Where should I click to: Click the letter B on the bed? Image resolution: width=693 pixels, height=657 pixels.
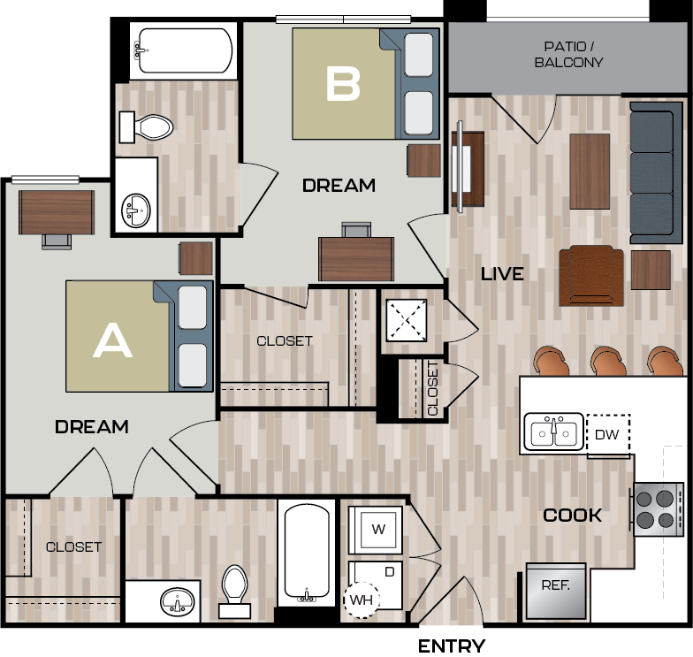[x=343, y=84]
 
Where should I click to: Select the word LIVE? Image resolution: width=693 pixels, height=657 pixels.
[x=502, y=274]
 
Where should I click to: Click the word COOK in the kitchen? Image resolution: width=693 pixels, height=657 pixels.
[x=573, y=515]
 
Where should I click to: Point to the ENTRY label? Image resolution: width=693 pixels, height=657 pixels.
[x=451, y=646]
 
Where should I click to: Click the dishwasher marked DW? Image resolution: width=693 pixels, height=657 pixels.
[x=607, y=434]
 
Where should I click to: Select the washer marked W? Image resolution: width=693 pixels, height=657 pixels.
[x=377, y=530]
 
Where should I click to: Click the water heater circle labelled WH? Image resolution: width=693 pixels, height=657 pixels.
[x=361, y=600]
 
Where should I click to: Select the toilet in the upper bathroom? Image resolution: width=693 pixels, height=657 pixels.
[x=145, y=127]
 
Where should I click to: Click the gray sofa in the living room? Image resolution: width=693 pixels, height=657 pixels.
[x=651, y=172]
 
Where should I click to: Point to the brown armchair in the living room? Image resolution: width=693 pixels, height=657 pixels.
[x=591, y=275]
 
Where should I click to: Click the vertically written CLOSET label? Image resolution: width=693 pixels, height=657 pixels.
[x=432, y=388]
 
